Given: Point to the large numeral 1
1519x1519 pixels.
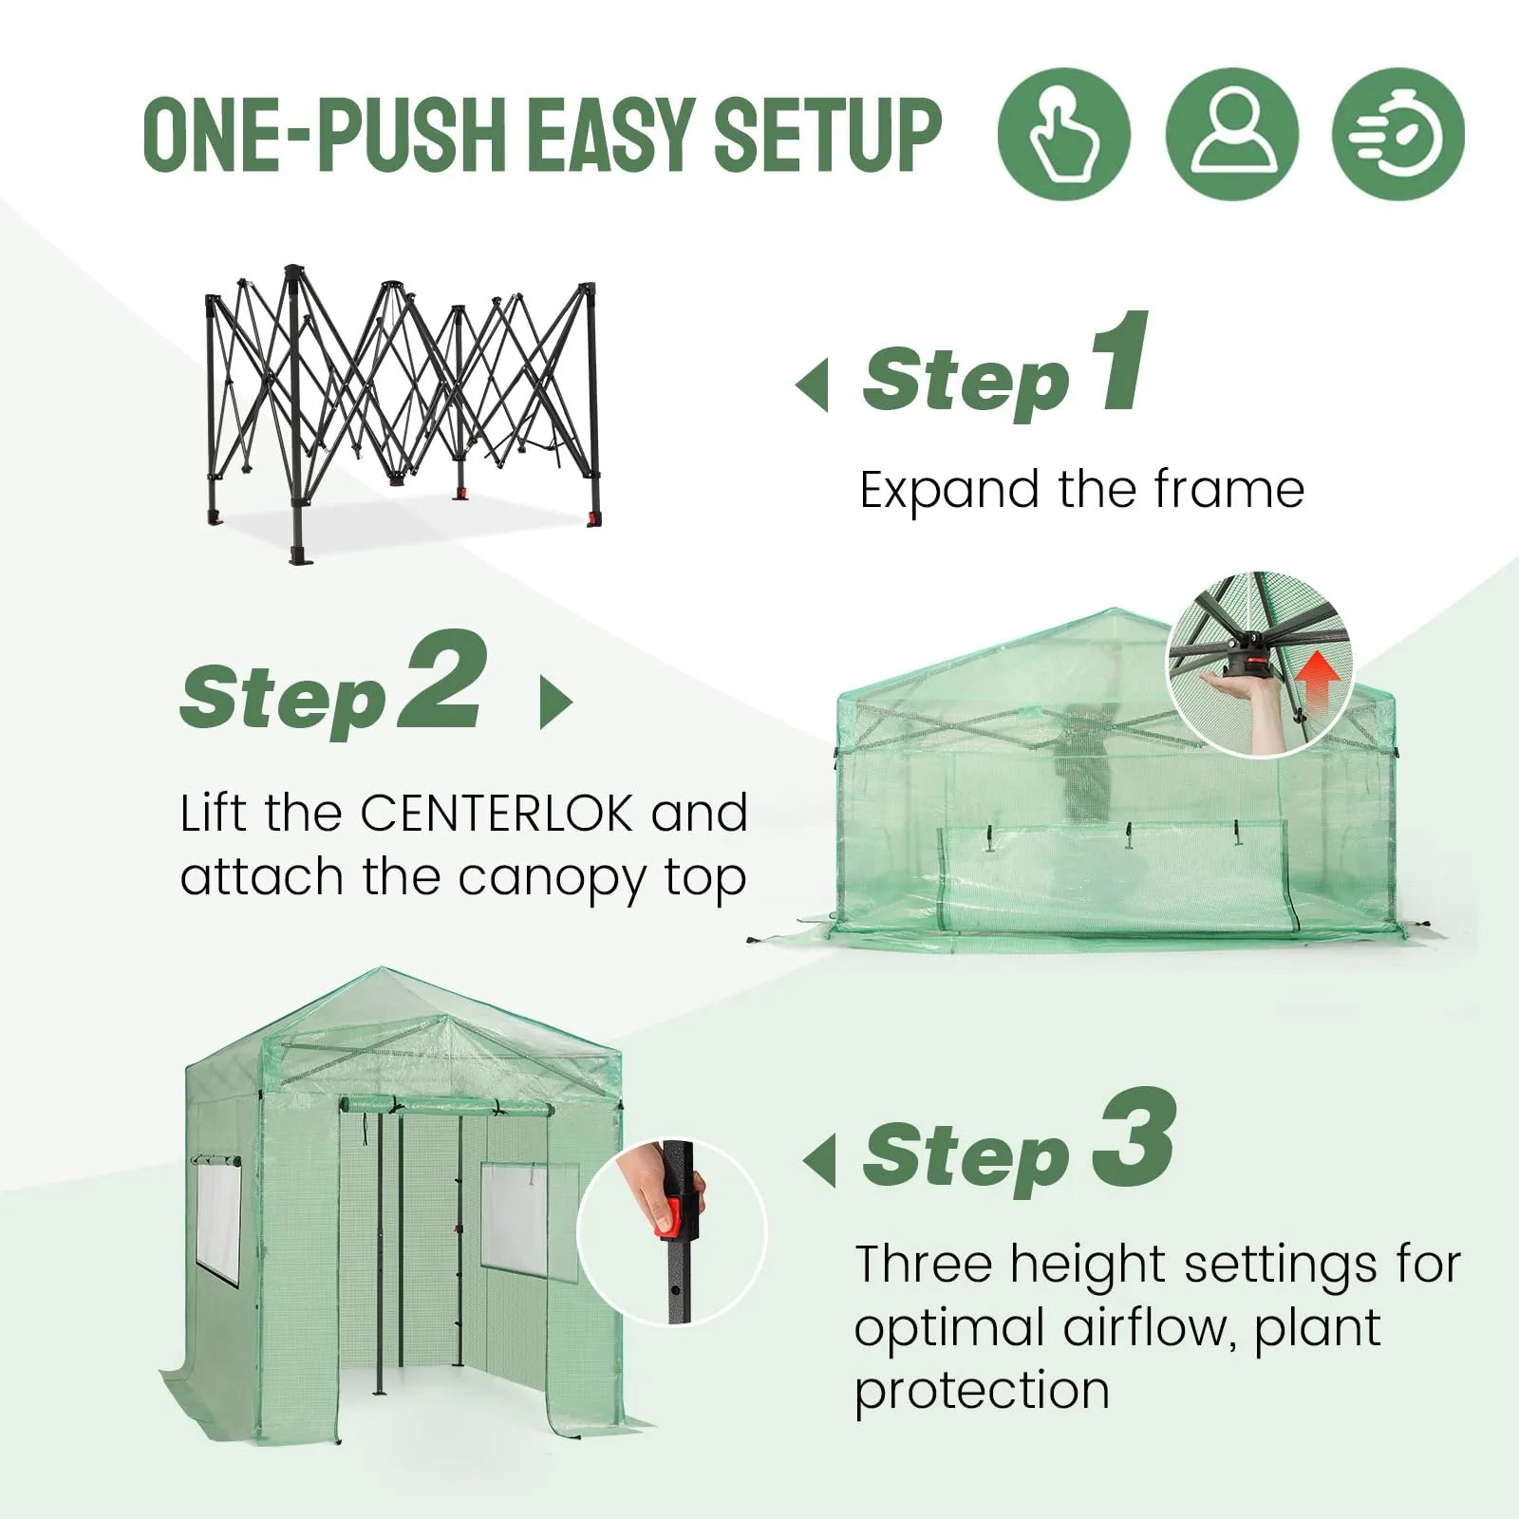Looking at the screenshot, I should [1120, 366].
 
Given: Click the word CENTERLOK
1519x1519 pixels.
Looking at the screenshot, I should [496, 815].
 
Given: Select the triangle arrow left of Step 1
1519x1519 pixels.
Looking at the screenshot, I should [813, 385].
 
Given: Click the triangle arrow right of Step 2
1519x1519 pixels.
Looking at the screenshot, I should [555, 703].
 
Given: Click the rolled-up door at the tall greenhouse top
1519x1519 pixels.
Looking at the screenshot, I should [446, 1106].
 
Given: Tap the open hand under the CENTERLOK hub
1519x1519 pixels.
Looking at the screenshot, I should [1234, 682].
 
